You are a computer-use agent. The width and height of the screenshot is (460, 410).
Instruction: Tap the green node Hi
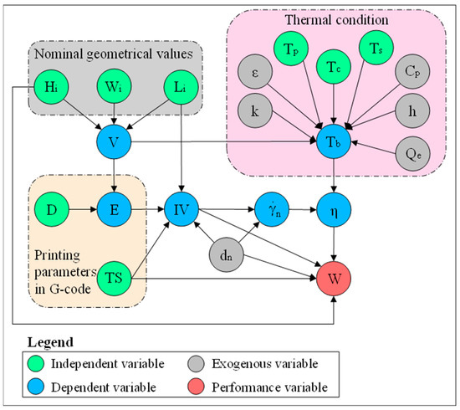(53, 86)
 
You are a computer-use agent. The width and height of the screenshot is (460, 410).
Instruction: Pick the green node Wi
(112, 86)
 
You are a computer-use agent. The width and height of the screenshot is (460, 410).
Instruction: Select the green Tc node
(335, 64)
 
